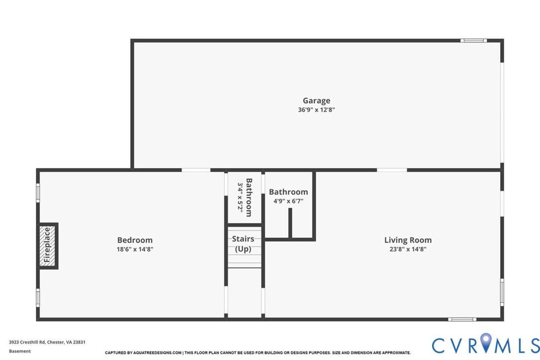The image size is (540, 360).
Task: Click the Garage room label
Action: [x=316, y=101]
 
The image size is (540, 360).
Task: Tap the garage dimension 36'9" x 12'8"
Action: [x=316, y=110]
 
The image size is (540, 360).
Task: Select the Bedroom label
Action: [x=135, y=240]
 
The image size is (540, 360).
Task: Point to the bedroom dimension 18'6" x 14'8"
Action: [x=135, y=249]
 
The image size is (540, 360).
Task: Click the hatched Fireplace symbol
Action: [x=48, y=246]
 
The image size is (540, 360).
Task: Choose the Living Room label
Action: [x=408, y=240]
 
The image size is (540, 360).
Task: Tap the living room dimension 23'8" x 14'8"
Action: [x=408, y=249]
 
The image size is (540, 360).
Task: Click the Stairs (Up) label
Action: [x=243, y=244]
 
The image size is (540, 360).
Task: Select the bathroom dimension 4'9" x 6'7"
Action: [x=288, y=201]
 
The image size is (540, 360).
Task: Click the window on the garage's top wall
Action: [x=473, y=40]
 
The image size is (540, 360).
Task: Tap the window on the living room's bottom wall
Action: [x=462, y=319]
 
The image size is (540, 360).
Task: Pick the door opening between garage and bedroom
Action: [x=196, y=170]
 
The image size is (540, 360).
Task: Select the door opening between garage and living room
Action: [x=392, y=170]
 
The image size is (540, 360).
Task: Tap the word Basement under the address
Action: [x=20, y=351]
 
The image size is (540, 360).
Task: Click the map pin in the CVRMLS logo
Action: [x=486, y=344]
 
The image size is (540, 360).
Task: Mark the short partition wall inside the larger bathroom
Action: [x=290, y=223]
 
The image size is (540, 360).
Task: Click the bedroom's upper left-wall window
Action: [x=38, y=193]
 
